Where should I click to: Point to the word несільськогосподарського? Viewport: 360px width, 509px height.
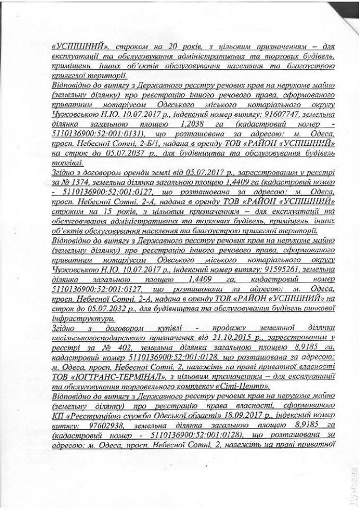(107, 338)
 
